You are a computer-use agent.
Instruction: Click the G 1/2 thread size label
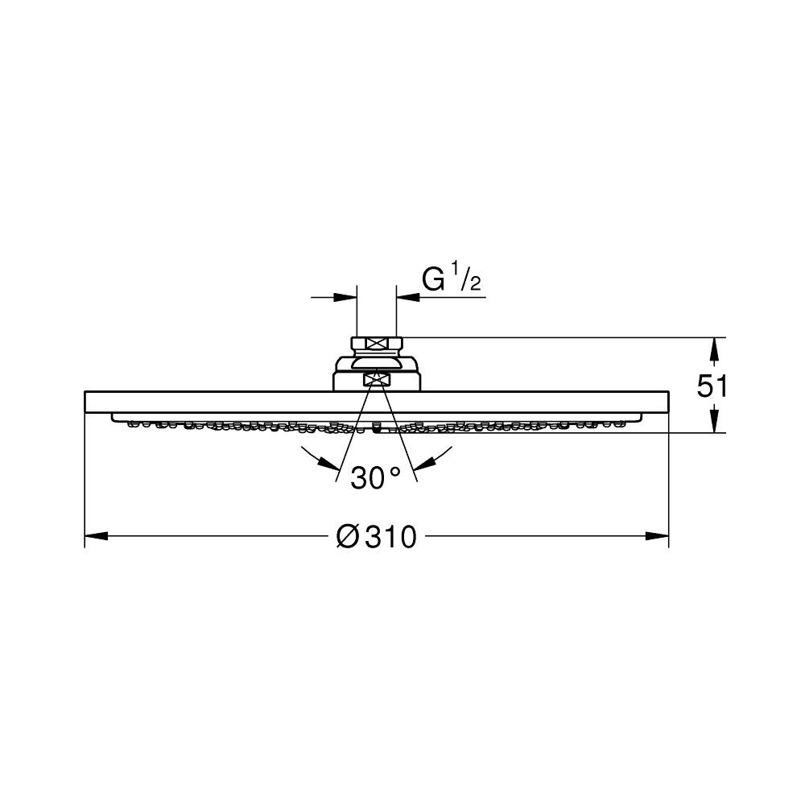pos(452,278)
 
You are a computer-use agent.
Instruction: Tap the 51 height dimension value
pos(712,386)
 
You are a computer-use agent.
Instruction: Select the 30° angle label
pos(375,478)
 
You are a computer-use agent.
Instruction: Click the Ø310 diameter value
pos(376,536)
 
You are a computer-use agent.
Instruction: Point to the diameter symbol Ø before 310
pos(347,536)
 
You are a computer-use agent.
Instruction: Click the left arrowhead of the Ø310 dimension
pos(97,536)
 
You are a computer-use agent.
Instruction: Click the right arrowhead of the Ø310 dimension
pos(657,536)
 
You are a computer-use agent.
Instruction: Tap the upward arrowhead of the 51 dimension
pos(713,349)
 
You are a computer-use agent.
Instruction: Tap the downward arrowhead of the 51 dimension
pos(713,421)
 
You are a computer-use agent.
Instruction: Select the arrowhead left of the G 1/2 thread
pos(345,297)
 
